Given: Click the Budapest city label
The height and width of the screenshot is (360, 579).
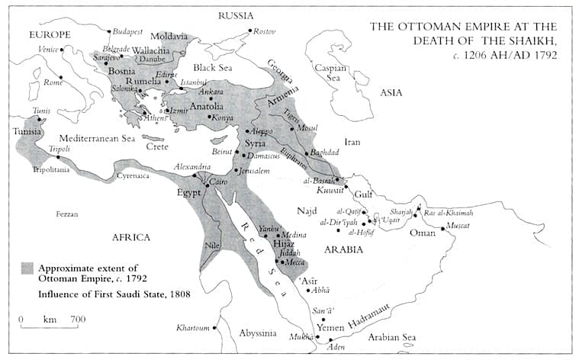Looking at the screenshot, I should [x=128, y=32].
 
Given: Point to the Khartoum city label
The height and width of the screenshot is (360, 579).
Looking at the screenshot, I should [x=192, y=328].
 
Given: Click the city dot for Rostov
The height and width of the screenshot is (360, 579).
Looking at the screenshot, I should [x=249, y=31].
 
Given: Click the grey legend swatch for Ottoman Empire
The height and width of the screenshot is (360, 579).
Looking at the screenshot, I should [x=27, y=268].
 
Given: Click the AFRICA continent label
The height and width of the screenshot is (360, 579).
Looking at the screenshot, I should [x=131, y=237].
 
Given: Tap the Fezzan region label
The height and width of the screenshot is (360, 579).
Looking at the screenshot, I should [x=66, y=214].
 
